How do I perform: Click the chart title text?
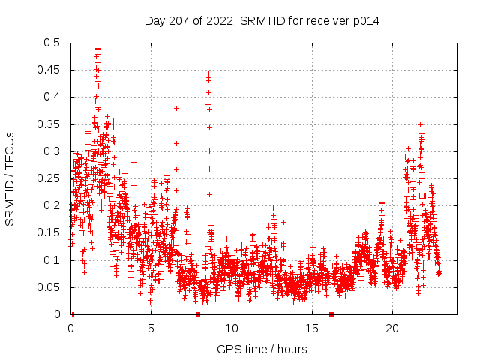pyautogui.click(x=262, y=21)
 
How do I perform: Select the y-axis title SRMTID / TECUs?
pyautogui.click(x=10, y=178)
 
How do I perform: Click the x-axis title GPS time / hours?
pyautogui.click(x=262, y=349)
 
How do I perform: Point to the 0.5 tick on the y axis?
pyautogui.click(x=53, y=43)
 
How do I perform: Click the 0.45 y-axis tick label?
pyautogui.click(x=50, y=70)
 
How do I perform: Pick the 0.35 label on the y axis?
pyautogui.click(x=50, y=124)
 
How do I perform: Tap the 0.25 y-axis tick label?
pyautogui.click(x=50, y=178)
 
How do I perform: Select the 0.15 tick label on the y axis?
pyautogui.click(x=50, y=232)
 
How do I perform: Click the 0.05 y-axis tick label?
pyautogui.click(x=50, y=287)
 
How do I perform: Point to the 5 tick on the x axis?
pyautogui.click(x=151, y=328)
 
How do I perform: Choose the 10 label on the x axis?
pyautogui.click(x=232, y=328)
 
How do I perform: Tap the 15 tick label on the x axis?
pyautogui.click(x=312, y=328)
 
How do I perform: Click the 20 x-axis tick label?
pyautogui.click(x=392, y=328)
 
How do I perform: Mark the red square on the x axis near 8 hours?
pyautogui.click(x=198, y=314)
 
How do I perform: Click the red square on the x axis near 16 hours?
pyautogui.click(x=331, y=314)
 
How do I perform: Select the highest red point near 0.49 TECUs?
pyautogui.click(x=97, y=49)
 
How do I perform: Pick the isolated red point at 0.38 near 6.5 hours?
pyautogui.click(x=176, y=108)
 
